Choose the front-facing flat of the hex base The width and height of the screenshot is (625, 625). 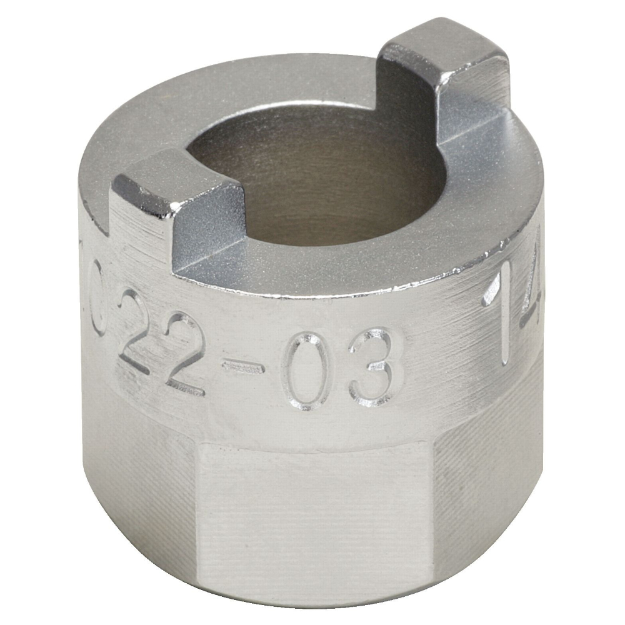point(312,512)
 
